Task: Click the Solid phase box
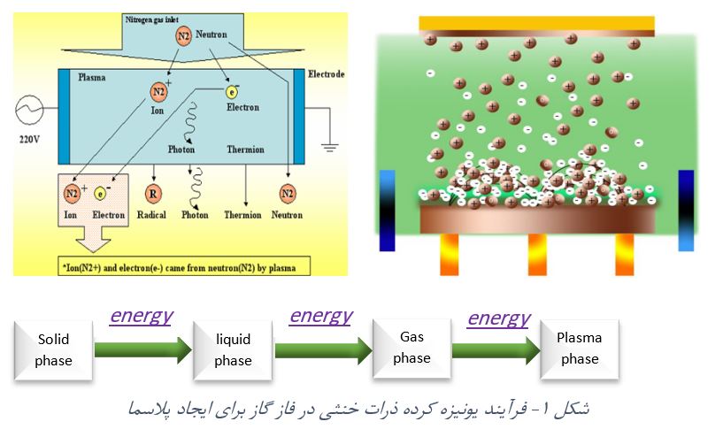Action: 52,349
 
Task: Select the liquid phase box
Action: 233,349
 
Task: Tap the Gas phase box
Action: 411,348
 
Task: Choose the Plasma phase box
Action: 579,348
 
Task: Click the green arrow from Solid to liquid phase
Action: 142,350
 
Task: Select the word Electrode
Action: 326,74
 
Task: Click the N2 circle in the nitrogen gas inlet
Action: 184,36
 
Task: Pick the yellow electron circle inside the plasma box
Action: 232,91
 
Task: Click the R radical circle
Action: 154,193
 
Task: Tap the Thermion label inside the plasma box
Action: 245,149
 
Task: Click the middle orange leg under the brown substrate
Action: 539,254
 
